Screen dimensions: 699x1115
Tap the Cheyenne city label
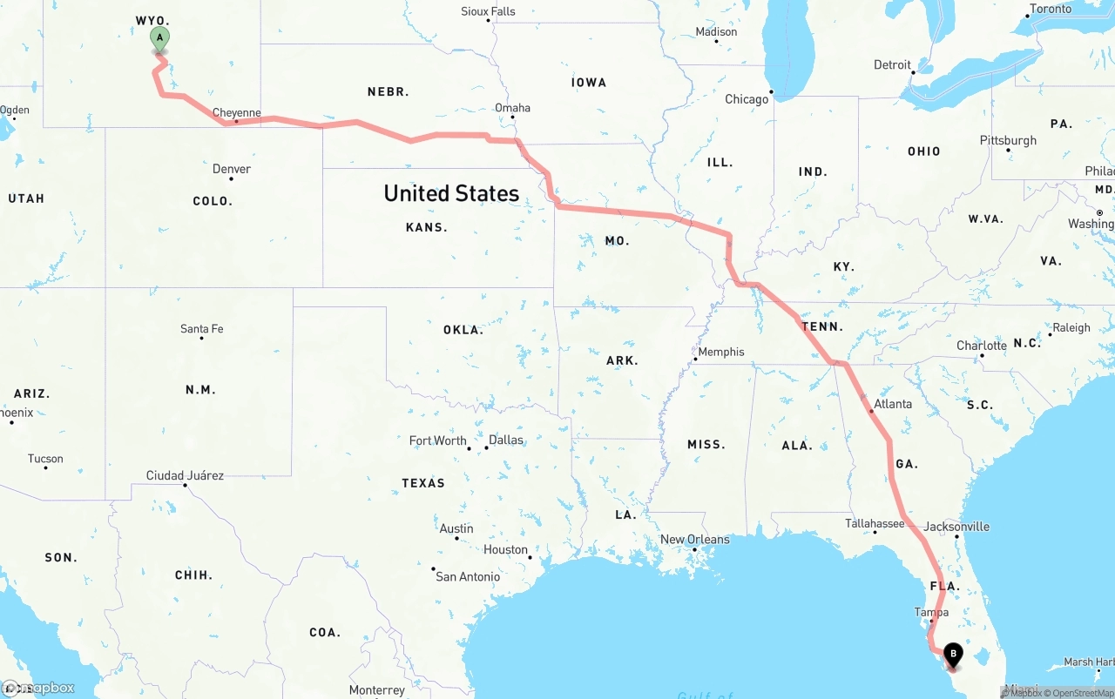[237, 113]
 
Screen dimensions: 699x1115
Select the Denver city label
[232, 169]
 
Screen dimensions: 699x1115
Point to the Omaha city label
[512, 108]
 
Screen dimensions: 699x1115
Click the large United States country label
[451, 193]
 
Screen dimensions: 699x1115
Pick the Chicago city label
[747, 99]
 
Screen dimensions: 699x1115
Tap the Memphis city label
[721, 352]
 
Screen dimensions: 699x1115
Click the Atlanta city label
[893, 404]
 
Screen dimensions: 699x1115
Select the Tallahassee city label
[875, 523]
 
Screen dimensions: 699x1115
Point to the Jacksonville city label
[956, 527]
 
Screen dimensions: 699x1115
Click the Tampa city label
[931, 612]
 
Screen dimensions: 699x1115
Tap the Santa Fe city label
[201, 329]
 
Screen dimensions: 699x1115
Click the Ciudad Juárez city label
[185, 475]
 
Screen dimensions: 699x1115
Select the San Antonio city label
[468, 576]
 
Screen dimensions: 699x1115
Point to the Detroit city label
[892, 65]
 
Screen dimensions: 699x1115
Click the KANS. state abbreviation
[427, 227]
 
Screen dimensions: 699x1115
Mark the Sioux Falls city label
[488, 11]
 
